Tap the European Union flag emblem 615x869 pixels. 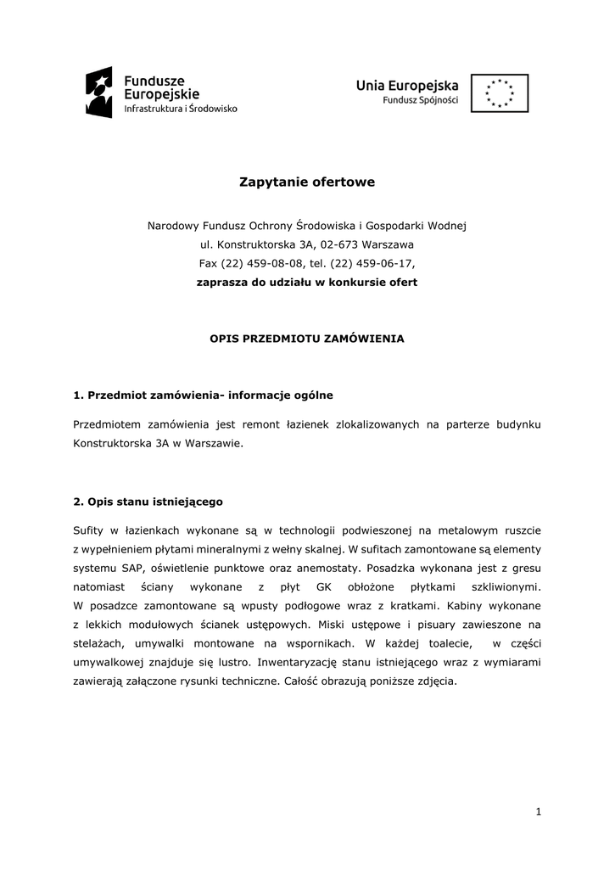coord(500,93)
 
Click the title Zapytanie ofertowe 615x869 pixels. coord(307,182)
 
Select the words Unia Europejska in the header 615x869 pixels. coord(407,85)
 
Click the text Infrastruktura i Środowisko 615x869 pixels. coord(181,109)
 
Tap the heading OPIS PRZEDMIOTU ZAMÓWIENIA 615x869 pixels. coord(307,338)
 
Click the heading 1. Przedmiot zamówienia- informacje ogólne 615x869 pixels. coord(204,395)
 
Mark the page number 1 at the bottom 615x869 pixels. coord(538,812)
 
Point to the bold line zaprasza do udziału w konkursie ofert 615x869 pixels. coord(307,282)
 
